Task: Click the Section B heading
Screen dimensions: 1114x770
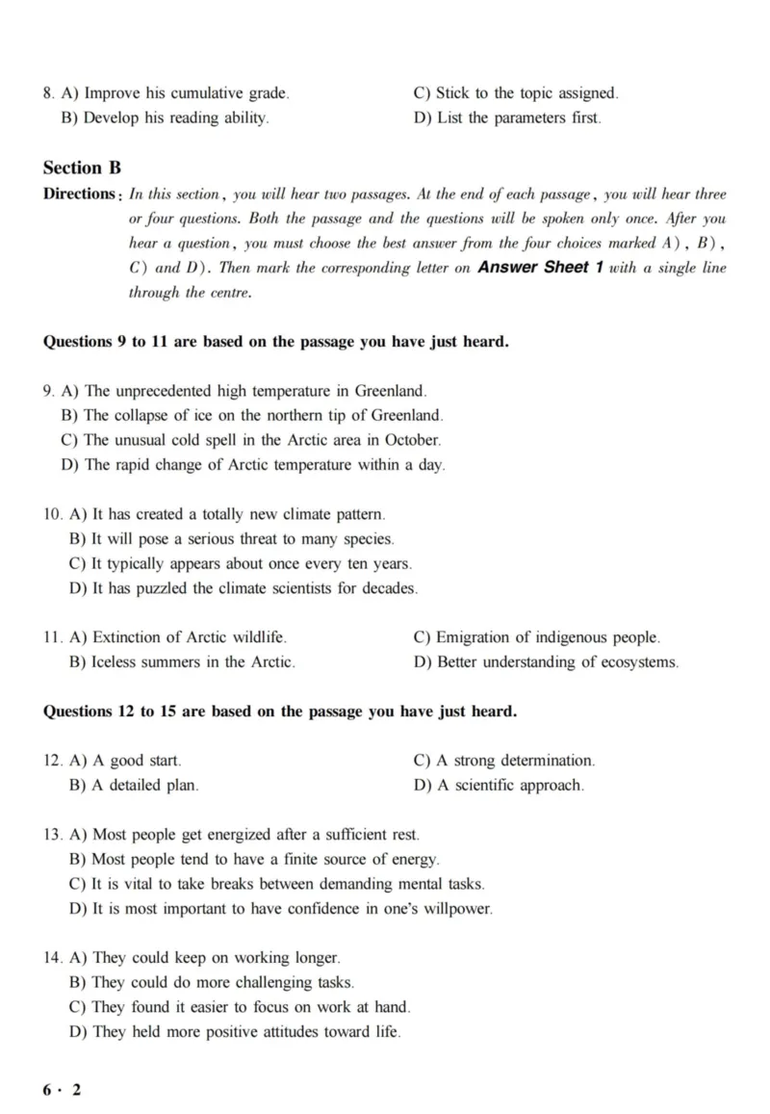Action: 82,168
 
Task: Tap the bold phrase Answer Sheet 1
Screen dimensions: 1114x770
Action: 540,268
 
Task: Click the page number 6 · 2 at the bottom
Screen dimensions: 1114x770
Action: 63,1089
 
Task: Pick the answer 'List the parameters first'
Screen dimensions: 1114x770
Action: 507,118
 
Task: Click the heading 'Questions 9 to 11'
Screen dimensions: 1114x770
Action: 276,342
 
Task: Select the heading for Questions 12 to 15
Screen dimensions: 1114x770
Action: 280,712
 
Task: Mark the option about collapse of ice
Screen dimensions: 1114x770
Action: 252,416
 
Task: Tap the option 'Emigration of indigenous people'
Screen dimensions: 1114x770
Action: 537,637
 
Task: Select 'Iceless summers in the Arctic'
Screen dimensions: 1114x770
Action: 183,662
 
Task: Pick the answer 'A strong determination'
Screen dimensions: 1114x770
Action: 504,761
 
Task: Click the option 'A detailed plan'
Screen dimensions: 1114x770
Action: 135,786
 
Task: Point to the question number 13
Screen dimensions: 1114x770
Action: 53,835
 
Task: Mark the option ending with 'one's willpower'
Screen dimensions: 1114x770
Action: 281,909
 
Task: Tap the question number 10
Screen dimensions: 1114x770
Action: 53,514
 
